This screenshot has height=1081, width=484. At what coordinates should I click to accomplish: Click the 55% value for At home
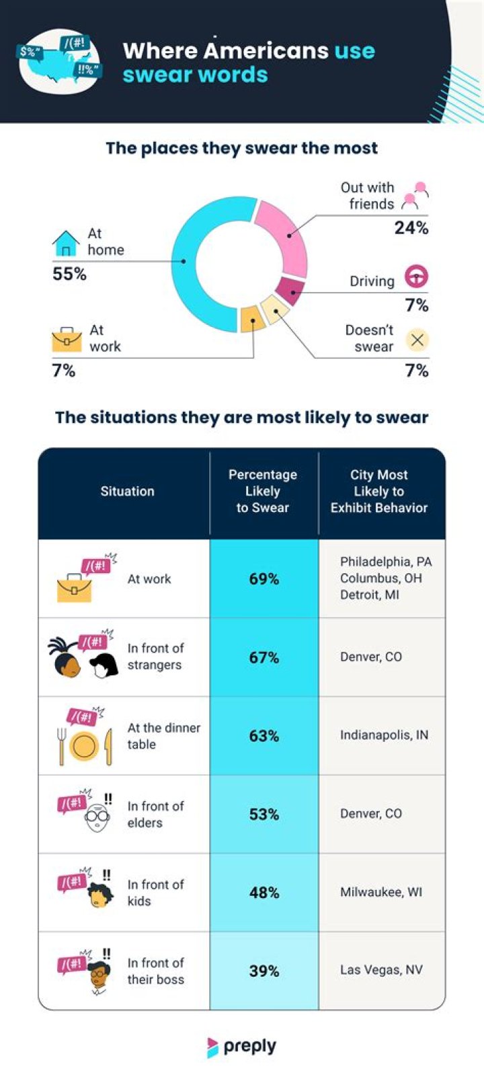pos(69,274)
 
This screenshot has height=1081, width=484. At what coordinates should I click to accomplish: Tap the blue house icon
pos(66,244)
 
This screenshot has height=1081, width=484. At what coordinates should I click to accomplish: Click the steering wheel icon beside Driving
pos(416,276)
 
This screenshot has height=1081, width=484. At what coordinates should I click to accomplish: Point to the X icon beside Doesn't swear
pos(417,340)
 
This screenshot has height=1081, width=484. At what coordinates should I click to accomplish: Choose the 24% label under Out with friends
pos(411,228)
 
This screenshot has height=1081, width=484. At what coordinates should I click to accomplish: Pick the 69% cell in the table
pos(264,579)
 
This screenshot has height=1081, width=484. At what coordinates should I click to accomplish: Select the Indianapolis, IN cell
pos(384,735)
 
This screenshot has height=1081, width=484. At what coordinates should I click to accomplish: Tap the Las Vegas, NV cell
pos(381,970)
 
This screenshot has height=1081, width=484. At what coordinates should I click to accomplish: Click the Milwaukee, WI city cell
pos(381,892)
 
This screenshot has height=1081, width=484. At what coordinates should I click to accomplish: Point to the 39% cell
pos(264,971)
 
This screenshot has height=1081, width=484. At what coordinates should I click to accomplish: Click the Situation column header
pos(127,491)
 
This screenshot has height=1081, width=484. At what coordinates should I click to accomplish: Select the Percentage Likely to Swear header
pos(263,491)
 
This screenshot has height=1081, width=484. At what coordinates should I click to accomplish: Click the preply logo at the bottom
pos(242,1047)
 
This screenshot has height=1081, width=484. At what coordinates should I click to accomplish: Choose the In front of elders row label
pos(155,814)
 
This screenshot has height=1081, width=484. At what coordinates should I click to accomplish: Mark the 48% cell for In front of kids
pos(264,893)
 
